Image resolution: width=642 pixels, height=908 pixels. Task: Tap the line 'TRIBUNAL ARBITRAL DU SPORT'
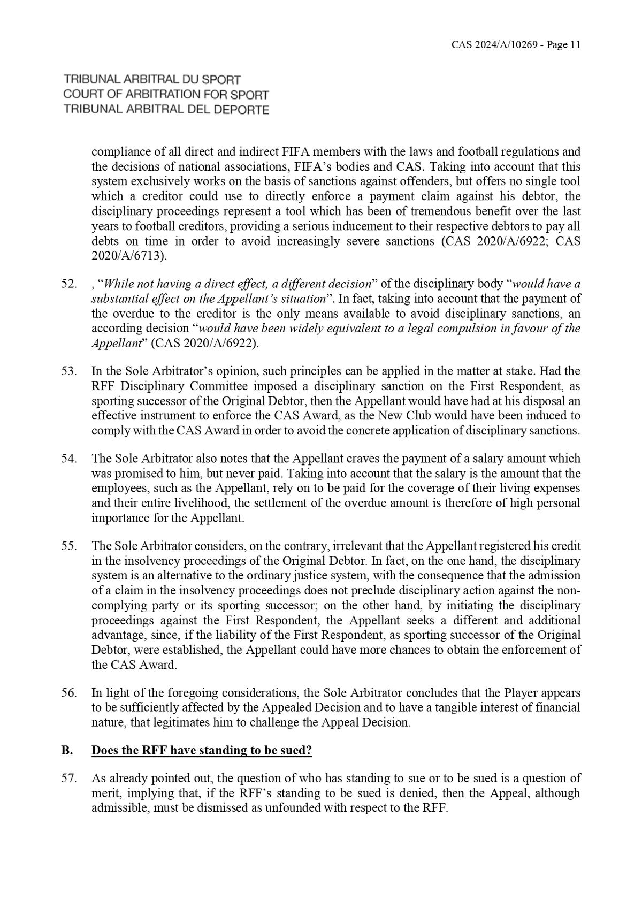pos(152,80)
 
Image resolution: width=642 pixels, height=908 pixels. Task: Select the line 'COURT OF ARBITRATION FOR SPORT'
pos(166,95)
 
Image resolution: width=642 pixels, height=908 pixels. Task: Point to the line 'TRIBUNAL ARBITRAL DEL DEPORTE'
pos(166,110)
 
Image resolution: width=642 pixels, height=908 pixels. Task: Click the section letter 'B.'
pos(67,751)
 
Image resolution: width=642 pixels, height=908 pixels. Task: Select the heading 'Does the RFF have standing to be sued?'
pos(202,751)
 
